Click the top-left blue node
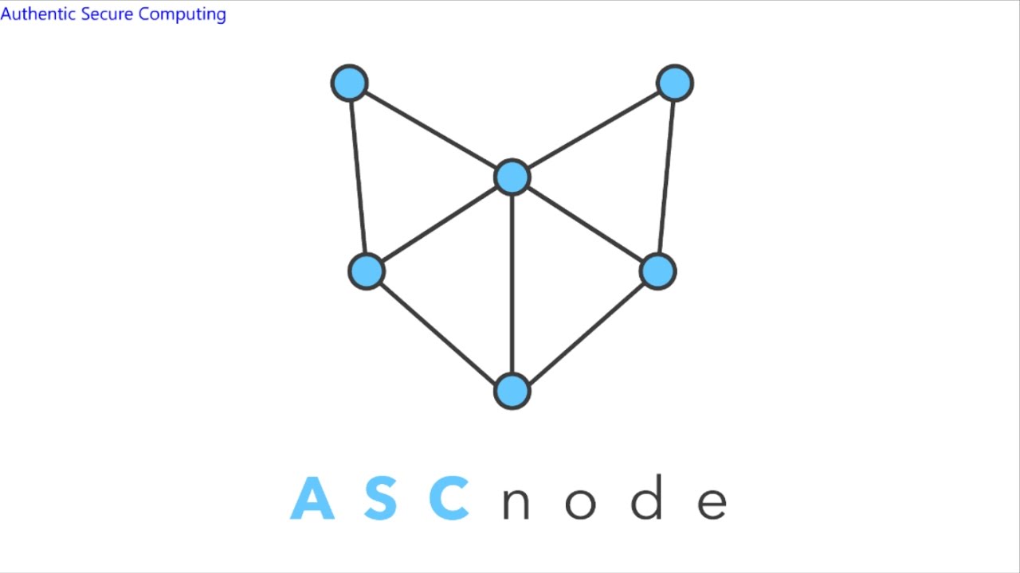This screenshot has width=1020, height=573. click(349, 84)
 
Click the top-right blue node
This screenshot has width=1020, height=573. click(675, 83)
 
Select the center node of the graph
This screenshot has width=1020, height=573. click(512, 177)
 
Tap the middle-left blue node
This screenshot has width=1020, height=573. click(367, 271)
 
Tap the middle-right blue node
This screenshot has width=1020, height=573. click(658, 271)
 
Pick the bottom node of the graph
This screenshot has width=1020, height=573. click(512, 391)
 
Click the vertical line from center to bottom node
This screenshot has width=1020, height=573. click(512, 284)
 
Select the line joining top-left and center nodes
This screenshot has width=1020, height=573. click(430, 131)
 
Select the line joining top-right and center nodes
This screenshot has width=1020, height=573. click(594, 130)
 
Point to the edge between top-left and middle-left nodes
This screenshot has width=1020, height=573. click(358, 177)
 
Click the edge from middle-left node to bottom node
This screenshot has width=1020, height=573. click(439, 331)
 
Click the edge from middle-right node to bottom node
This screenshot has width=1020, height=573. click(585, 331)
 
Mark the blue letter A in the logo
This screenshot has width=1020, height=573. click(312, 498)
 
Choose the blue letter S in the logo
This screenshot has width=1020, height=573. click(381, 498)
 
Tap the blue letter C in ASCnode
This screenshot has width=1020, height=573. click(449, 498)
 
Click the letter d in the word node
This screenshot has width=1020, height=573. click(647, 498)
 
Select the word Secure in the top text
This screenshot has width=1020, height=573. click(108, 14)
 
